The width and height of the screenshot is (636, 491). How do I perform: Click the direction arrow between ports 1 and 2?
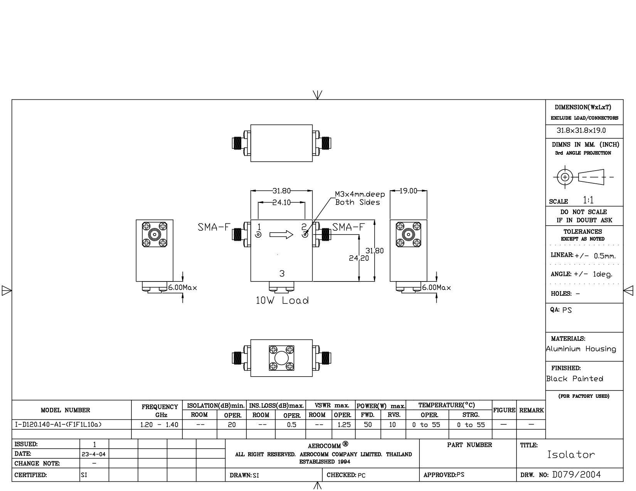point(281,235)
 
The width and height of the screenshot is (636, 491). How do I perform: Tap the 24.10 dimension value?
point(281,202)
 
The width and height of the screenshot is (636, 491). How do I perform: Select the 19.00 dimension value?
point(408,191)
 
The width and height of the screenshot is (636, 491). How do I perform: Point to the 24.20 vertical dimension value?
point(359,258)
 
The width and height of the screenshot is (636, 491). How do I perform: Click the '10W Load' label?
point(282,301)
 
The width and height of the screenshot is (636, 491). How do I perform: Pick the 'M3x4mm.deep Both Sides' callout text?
point(360,198)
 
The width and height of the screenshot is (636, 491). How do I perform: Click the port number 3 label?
point(282,273)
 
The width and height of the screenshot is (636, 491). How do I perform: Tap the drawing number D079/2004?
point(576,474)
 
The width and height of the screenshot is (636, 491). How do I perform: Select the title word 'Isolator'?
point(571,454)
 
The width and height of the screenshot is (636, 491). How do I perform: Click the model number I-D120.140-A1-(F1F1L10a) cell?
point(58,424)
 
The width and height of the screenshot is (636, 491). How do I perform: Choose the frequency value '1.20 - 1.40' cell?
point(159,425)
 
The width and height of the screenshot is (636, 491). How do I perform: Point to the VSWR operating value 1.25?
point(344,425)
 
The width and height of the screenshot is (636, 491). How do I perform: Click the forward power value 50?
point(368,424)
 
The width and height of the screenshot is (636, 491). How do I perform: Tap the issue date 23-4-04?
point(94,454)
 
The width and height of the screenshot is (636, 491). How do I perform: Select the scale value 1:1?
point(588,200)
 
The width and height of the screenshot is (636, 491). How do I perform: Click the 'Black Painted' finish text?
point(575,379)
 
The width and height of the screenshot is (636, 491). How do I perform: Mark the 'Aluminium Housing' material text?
point(581,349)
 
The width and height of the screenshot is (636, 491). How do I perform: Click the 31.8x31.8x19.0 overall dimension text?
point(581,131)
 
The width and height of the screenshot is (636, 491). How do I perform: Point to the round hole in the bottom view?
point(281,358)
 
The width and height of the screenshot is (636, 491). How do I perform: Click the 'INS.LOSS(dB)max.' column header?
point(276,406)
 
